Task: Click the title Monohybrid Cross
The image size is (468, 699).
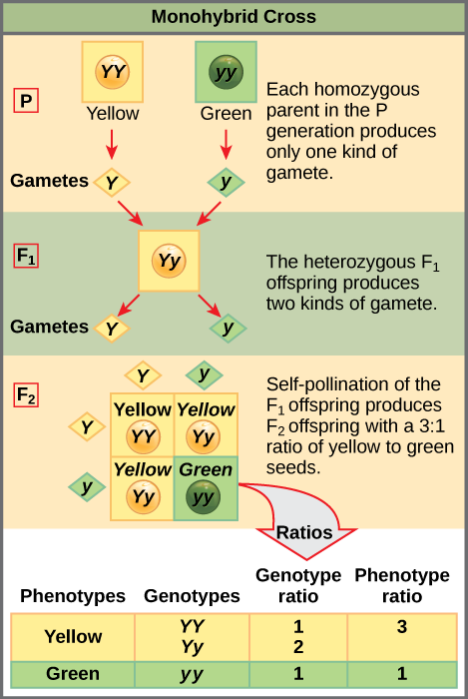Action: pos(234,17)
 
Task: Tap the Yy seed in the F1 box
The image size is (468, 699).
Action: pos(170,263)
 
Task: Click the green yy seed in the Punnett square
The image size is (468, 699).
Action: pos(205,497)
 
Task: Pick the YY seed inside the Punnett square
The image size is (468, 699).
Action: pos(142,437)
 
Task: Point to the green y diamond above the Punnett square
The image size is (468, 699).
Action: pos(205,374)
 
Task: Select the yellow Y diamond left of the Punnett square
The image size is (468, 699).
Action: pos(87,427)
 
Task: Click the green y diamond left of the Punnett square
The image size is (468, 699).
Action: pos(87,487)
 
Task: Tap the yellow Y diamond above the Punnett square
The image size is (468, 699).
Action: pos(143,375)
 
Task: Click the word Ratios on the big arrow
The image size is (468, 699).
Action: pos(304,531)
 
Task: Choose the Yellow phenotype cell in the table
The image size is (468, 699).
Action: pos(73,636)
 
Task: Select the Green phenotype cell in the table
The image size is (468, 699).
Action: pos(73,674)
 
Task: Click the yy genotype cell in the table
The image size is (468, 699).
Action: pos(191,674)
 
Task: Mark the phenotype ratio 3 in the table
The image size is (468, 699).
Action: pos(401,627)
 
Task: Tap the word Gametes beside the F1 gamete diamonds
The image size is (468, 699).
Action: pos(49,327)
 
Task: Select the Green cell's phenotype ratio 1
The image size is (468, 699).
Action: pos(401,674)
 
